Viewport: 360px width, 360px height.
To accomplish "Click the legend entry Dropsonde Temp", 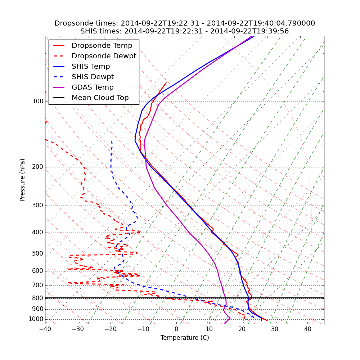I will pyautogui.click(x=102, y=46).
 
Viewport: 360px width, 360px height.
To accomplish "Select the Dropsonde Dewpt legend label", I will pyautogui.click(x=104, y=56).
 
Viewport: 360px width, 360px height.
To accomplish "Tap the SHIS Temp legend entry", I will pyautogui.click(x=91, y=67).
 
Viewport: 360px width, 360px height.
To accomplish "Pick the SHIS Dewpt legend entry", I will pyautogui.click(x=93, y=77).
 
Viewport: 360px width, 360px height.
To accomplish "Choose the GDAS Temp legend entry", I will pyautogui.click(x=93, y=87).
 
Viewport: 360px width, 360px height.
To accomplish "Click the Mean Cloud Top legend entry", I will pyautogui.click(x=100, y=98).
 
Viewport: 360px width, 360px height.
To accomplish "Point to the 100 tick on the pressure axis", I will pyautogui.click(x=38, y=102).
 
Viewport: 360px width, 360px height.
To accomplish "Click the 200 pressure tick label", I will pyautogui.click(x=38, y=167).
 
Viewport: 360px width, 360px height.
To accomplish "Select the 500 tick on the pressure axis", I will pyautogui.click(x=38, y=254).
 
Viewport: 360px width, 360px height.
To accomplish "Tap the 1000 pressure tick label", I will pyautogui.click(x=36, y=319).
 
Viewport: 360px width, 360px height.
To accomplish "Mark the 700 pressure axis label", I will pyautogui.click(x=38, y=285).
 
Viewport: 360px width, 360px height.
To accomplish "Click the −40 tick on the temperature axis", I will pyautogui.click(x=45, y=329).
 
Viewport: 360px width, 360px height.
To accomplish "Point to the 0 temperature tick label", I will pyautogui.click(x=176, y=329).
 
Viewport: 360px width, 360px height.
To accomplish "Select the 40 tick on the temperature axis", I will pyautogui.click(x=307, y=329).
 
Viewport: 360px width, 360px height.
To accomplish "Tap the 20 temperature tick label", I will pyautogui.click(x=242, y=329).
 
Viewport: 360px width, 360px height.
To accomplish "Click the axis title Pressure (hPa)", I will pyautogui.click(x=23, y=180).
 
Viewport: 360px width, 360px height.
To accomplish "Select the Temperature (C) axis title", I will pyautogui.click(x=185, y=338).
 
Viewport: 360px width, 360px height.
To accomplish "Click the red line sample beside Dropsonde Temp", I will pyautogui.click(x=59, y=46).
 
